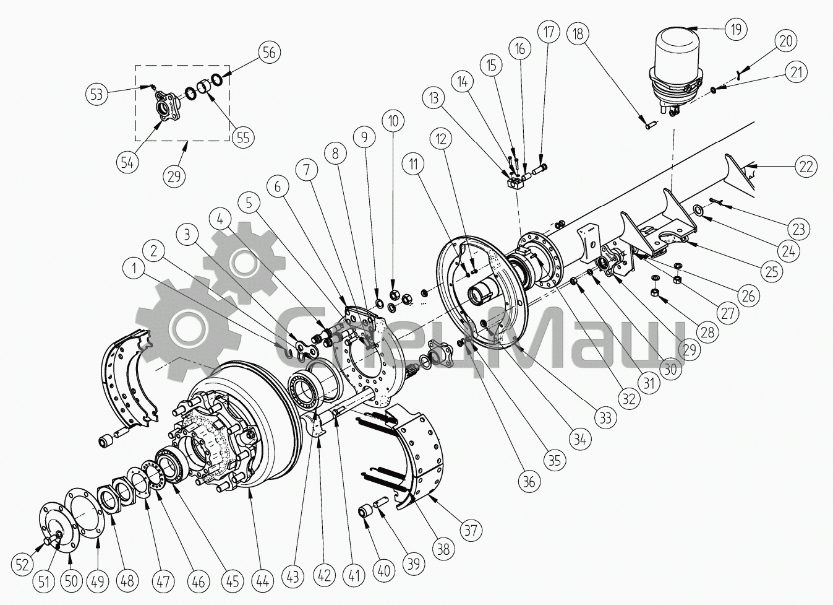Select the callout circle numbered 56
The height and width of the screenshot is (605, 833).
(x=269, y=52)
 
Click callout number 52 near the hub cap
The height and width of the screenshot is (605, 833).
(x=23, y=564)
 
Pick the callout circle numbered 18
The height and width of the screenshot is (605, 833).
(x=578, y=33)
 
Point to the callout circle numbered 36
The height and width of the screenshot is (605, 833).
(x=529, y=481)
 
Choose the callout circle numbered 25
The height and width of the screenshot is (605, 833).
(x=771, y=270)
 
